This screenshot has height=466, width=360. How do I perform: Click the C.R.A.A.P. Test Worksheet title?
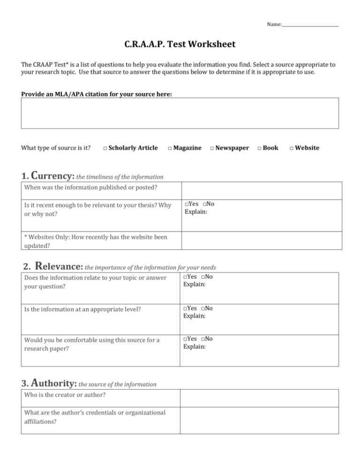[x=180, y=45]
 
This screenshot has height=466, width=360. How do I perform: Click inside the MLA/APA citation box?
[x=180, y=113]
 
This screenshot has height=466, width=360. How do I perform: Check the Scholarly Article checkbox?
[x=105, y=149]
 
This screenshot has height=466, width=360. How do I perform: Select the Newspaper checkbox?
[x=212, y=149]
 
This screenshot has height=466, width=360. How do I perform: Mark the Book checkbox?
[x=260, y=149]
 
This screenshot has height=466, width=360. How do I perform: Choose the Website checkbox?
[x=291, y=149]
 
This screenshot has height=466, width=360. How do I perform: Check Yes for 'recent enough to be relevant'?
[x=187, y=205]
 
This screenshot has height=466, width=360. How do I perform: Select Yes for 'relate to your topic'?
[x=186, y=277]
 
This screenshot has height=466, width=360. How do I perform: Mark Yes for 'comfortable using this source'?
[x=186, y=339]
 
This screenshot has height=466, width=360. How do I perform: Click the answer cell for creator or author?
[x=259, y=398]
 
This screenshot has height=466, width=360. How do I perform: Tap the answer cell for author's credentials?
[x=259, y=420]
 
